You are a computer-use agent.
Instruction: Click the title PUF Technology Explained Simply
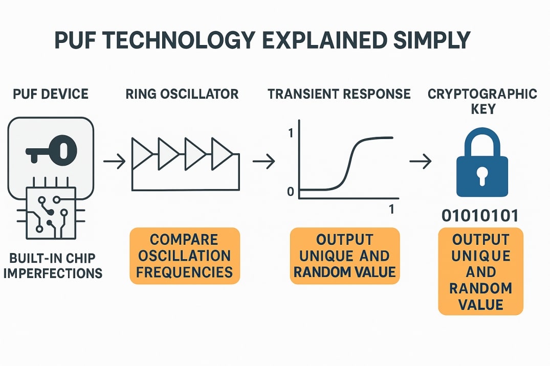(262, 40)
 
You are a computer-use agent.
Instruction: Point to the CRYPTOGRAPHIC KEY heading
(482, 102)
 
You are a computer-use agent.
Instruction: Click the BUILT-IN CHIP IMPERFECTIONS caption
(53, 264)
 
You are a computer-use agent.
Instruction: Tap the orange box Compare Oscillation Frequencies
(185, 256)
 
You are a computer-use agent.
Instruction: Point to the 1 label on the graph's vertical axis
(291, 133)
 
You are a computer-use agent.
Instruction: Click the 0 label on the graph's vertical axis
(291, 193)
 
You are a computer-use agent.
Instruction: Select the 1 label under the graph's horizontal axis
(392, 210)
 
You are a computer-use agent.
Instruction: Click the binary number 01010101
(480, 216)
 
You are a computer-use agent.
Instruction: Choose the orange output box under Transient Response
(344, 256)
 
